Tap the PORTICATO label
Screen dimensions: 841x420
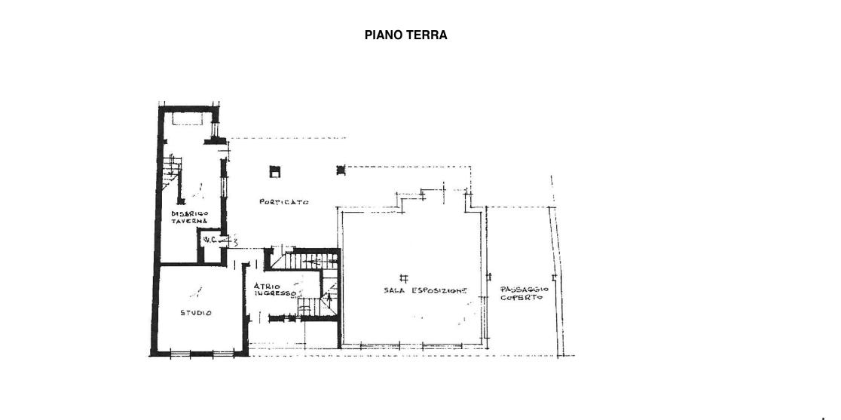284,202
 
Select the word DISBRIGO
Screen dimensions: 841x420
189,213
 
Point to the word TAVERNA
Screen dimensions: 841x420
189,221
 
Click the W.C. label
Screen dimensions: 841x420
209,240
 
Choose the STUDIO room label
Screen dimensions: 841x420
196,313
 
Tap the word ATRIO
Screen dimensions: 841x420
265,286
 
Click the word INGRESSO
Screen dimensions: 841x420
275,293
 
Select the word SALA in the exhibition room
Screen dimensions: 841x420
394,291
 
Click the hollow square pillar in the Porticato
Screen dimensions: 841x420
274,172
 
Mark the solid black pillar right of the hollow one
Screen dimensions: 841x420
341,170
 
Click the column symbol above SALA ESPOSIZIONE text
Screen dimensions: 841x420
404,277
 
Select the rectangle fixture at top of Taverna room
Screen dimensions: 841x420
187,118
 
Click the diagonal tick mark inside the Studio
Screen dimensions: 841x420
196,293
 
